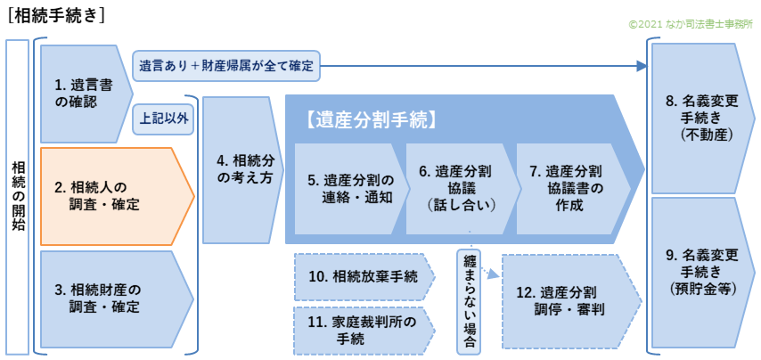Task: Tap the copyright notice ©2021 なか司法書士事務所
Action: (691, 26)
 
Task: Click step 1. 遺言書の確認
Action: (83, 93)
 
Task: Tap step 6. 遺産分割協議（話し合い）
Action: (460, 188)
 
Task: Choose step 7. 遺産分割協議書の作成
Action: (570, 188)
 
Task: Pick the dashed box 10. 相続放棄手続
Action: (360, 276)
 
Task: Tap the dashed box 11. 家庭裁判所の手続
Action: (360, 330)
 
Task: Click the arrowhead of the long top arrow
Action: (642, 66)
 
